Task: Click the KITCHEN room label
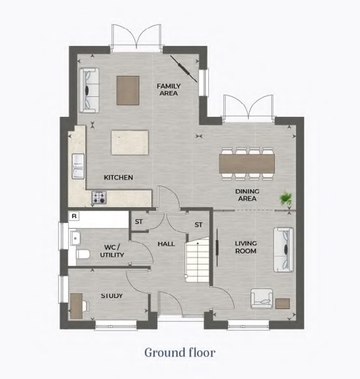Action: click(118, 177)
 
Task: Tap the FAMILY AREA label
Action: click(169, 89)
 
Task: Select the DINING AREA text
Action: click(247, 195)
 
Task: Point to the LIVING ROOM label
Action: click(245, 247)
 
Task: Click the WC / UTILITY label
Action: click(112, 251)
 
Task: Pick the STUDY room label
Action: click(112, 296)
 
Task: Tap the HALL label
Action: click(166, 244)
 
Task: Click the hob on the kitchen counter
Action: click(99, 197)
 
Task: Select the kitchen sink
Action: click(78, 166)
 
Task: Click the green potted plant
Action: click(286, 199)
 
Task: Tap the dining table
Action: click(247, 164)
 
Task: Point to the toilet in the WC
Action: click(83, 254)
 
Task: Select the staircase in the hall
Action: click(197, 259)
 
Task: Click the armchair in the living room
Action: click(262, 298)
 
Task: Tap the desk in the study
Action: click(76, 306)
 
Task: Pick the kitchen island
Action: click(130, 143)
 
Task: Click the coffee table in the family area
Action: click(128, 91)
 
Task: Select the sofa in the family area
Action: click(89, 90)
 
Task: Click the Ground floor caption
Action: click(180, 352)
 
